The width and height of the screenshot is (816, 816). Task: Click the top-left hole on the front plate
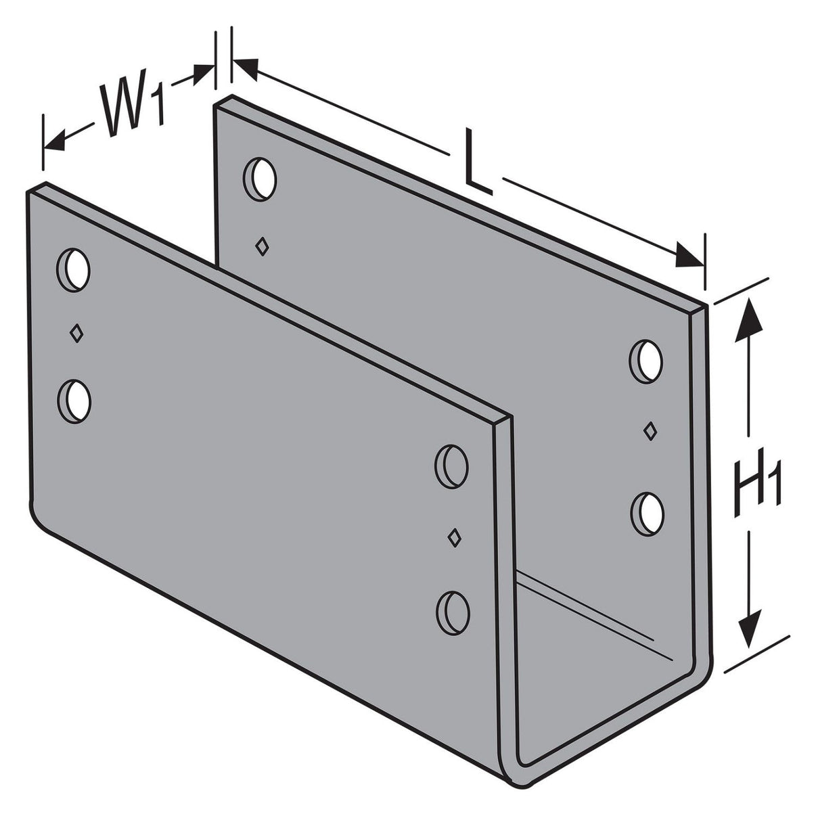tap(74, 269)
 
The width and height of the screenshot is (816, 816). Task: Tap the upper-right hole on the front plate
tap(452, 464)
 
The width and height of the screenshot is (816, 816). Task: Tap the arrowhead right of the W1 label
tap(203, 72)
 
